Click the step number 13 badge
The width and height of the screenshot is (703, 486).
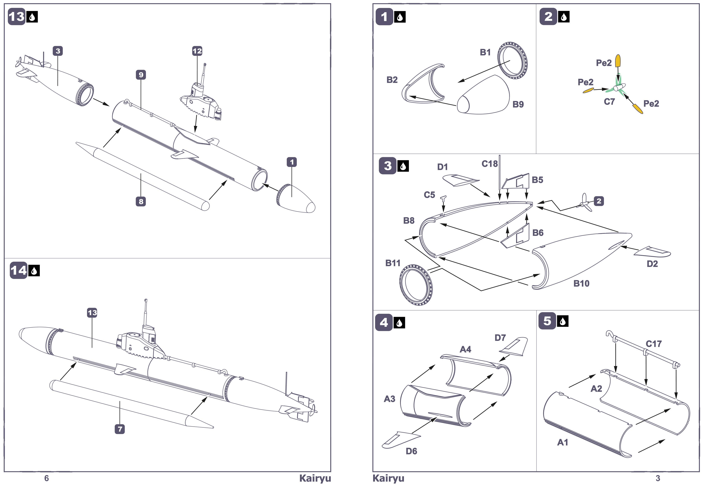(x=17, y=17)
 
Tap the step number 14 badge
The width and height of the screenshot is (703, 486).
(x=18, y=270)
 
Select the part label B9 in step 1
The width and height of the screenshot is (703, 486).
(x=518, y=104)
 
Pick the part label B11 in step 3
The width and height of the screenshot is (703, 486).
(x=393, y=263)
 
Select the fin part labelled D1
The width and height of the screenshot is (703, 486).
(x=461, y=180)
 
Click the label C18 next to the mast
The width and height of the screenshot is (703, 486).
(x=490, y=164)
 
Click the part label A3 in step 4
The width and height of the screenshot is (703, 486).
(x=389, y=399)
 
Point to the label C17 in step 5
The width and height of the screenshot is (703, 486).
(x=654, y=344)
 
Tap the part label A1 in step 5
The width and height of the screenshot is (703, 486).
(x=563, y=443)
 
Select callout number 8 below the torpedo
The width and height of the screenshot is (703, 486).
(x=141, y=201)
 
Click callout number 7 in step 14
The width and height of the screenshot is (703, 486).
(x=120, y=429)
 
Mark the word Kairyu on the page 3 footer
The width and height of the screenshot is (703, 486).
(x=388, y=478)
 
